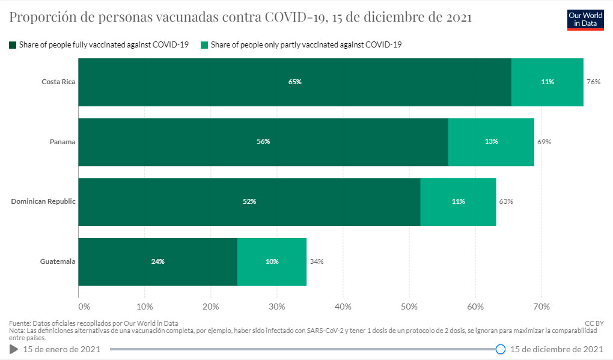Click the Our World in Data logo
[585, 20]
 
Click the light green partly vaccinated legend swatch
[204, 44]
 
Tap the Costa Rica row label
[58, 82]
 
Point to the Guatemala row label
[58, 261]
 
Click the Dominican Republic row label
[43, 201]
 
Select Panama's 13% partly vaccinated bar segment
[491, 142]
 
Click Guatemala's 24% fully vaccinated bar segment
[157, 261]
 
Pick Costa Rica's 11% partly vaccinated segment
[547, 82]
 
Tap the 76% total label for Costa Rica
[593, 82]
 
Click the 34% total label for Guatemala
[316, 261]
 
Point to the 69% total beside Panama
[544, 142]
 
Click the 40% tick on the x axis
[343, 307]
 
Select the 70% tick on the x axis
[541, 307]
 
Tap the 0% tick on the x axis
[84, 307]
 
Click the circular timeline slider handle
[501, 349]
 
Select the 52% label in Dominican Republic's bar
[249, 201]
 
